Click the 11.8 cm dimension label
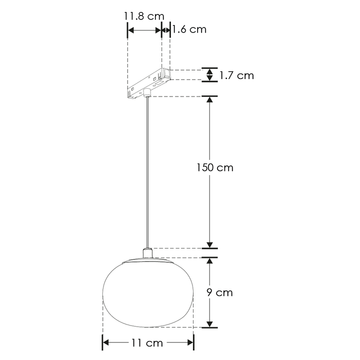tap(144, 15)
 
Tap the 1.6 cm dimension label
tap(189, 29)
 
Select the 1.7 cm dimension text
tap(237, 75)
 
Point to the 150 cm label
tap(214, 167)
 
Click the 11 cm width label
tap(147, 343)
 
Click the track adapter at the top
tap(149, 81)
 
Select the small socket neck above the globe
tap(148, 252)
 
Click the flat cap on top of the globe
tap(148, 260)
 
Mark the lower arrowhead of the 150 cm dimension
tap(210, 243)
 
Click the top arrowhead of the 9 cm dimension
tap(210, 262)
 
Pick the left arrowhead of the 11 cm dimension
tap(106, 342)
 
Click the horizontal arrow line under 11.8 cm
tap(144, 30)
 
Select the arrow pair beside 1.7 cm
tap(210, 75)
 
